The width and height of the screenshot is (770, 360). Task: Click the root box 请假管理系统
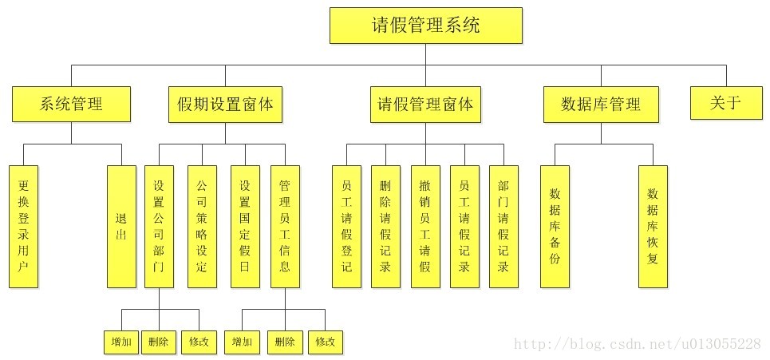pos(426,26)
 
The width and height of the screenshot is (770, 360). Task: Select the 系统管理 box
pos(71,104)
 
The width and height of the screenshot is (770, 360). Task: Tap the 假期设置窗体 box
pos(226,105)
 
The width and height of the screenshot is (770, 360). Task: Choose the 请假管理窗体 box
pos(425,105)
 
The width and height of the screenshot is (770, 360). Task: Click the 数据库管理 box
pos(601,105)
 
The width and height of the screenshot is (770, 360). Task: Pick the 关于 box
pos(725,103)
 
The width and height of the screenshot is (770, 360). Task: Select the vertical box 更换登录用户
pos(24,226)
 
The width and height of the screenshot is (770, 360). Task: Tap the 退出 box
pos(121,226)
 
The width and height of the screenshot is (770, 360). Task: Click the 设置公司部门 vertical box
pos(159,226)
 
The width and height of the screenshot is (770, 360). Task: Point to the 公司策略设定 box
pos(202,226)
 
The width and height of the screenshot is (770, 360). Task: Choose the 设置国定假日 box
pos(245,226)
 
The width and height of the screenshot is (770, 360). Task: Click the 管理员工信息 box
pos(285,226)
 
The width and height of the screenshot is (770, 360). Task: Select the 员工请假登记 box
pos(346,226)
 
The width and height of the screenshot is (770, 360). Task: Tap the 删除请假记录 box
pos(385,226)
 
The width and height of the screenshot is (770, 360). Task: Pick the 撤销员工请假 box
pos(425,226)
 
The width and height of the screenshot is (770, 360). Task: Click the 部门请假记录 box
pos(503,226)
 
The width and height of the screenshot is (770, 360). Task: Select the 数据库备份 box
pos(555,226)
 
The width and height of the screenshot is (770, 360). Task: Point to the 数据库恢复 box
pos(653,226)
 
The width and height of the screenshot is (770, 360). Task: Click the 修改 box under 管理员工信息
pos(326,342)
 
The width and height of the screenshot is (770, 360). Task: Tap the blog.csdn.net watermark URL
pos(638,344)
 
